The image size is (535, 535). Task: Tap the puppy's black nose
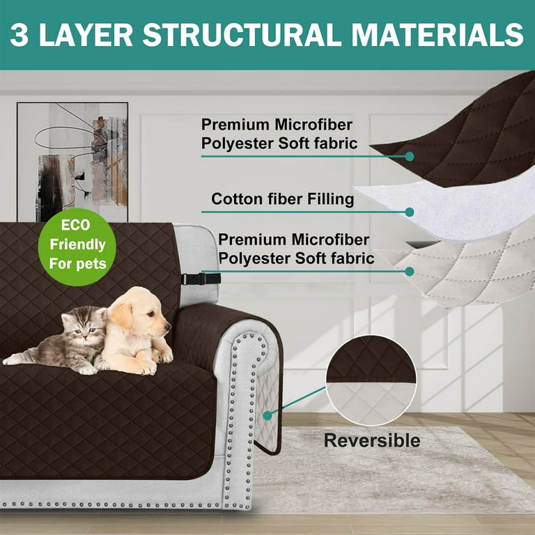[x=168, y=327]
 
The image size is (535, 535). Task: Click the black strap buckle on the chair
[x=201, y=279]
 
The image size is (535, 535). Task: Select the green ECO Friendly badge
[x=77, y=247]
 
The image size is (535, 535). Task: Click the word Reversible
[x=372, y=440]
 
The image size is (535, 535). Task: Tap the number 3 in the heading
[x=19, y=35]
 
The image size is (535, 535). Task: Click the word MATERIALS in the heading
[x=437, y=35]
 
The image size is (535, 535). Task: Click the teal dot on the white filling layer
[x=410, y=212]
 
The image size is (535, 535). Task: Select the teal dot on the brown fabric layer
[x=410, y=157]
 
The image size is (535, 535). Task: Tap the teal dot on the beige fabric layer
[x=410, y=272]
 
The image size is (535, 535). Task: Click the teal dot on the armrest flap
[x=267, y=416]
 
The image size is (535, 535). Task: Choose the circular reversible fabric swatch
[x=371, y=380]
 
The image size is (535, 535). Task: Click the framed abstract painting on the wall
[x=72, y=162]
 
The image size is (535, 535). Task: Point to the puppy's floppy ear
[x=121, y=316]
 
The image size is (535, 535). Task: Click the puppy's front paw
[x=148, y=369]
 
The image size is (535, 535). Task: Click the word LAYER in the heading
[x=86, y=35]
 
